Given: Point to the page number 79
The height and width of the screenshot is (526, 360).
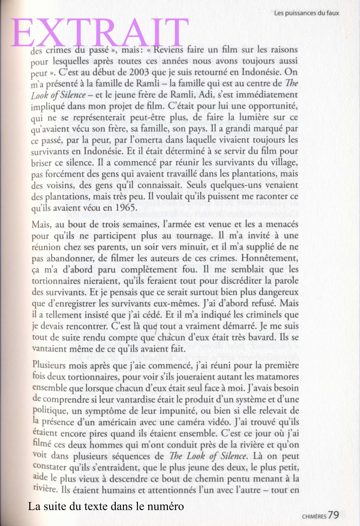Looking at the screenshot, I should click(333, 515).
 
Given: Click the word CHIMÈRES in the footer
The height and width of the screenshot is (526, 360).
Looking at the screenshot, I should click(314, 516).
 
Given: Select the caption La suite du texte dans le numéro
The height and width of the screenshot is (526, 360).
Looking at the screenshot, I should click(106, 507).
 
